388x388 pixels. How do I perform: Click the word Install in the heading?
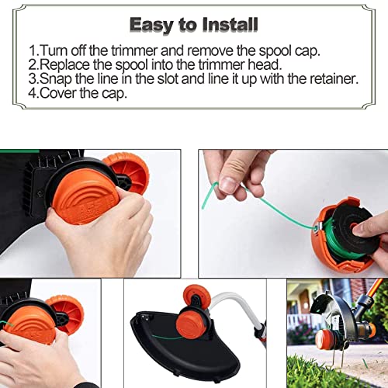(x=230, y=25)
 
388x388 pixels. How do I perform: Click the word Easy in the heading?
(x=151, y=26)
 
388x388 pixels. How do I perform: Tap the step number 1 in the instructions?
(x=32, y=50)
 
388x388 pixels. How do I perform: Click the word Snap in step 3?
(x=56, y=79)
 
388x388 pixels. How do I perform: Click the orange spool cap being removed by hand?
(x=84, y=196)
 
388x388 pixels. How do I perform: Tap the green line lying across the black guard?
(x=165, y=338)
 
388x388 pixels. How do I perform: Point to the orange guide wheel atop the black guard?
(x=196, y=295)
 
